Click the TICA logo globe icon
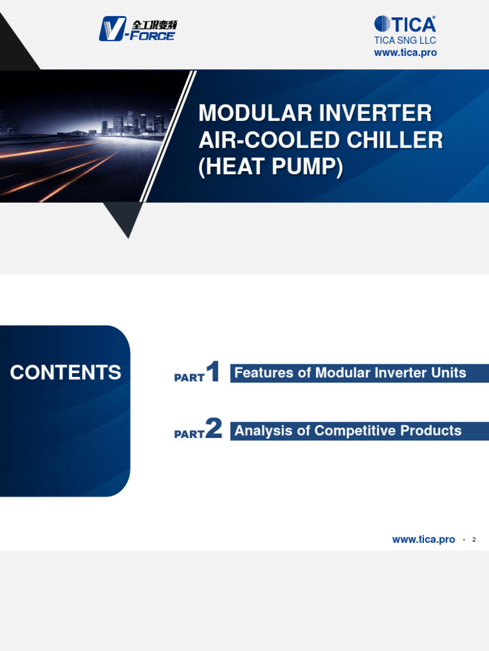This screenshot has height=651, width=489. (x=382, y=24)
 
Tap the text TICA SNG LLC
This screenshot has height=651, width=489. (x=405, y=41)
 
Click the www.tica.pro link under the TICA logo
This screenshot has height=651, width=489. (x=405, y=53)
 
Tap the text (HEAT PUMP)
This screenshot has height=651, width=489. (x=271, y=167)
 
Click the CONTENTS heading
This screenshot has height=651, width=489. (x=65, y=373)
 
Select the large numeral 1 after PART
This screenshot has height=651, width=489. (x=213, y=373)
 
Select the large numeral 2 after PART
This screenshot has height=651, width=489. (x=214, y=430)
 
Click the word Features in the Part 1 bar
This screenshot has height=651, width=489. (x=264, y=373)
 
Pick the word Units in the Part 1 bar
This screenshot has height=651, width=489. (x=450, y=373)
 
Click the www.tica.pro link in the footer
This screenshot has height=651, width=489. (x=423, y=540)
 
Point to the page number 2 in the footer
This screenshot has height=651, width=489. (x=474, y=540)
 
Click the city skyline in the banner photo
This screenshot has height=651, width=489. (x=134, y=123)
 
